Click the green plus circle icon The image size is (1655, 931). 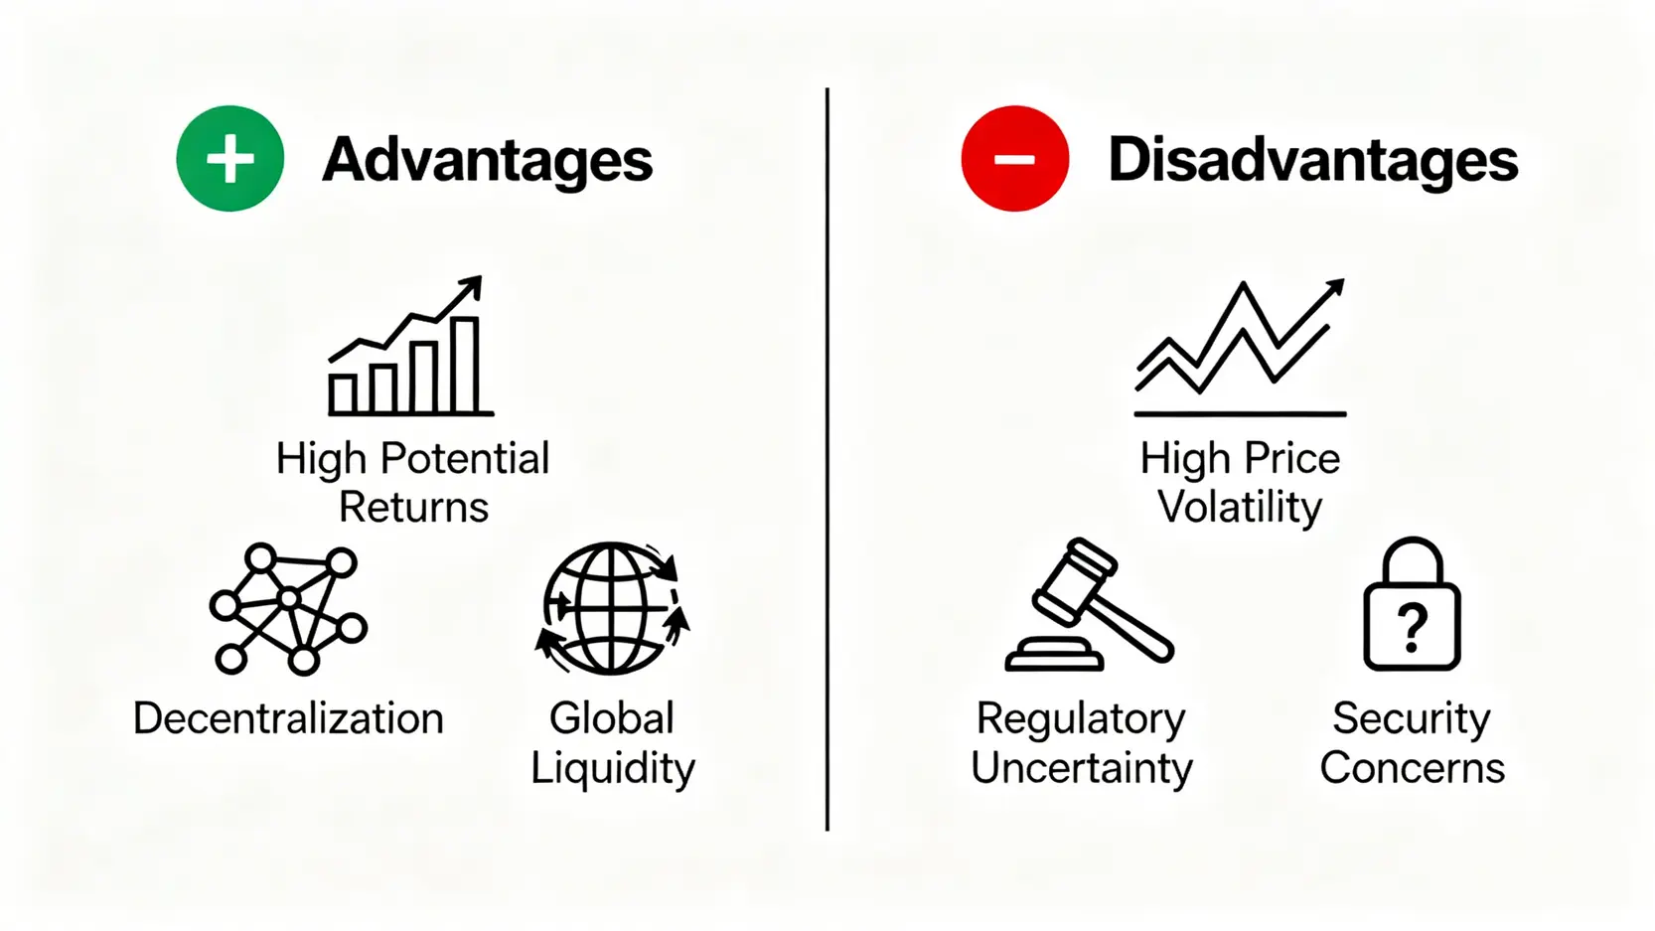pos(229,158)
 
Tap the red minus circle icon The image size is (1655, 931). pos(1014,158)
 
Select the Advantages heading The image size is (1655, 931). pos(488,161)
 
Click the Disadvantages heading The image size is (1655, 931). pos(1313,161)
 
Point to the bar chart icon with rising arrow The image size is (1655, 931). pos(411,346)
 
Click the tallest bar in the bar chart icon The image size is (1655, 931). pos(466,365)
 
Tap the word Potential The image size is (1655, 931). pos(465,458)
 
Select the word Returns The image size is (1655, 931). pos(413,507)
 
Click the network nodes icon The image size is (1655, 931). pos(288,609)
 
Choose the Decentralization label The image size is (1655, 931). pos(288,718)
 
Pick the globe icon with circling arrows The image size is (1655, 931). pos(612,608)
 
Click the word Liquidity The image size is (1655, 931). pos(613,770)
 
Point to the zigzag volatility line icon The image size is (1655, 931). pos(1240,348)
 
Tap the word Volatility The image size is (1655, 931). pos(1240,509)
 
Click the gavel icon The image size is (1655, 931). pos(1089,604)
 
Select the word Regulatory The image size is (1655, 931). pos(1081,720)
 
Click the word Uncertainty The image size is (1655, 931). pos(1082,768)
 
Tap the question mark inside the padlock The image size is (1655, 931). pos(1412,627)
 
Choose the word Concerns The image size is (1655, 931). pos(1413,768)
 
